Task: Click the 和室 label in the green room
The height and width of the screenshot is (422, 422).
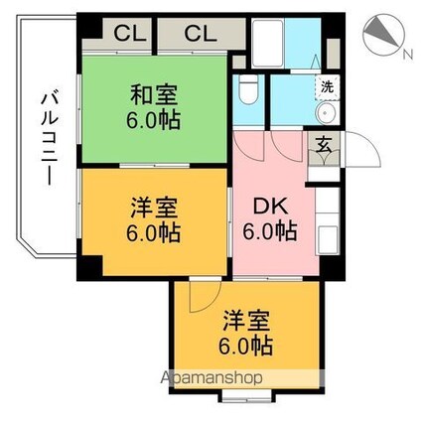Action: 154,94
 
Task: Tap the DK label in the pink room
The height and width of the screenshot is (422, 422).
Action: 270,208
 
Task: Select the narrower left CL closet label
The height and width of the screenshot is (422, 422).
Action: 130,34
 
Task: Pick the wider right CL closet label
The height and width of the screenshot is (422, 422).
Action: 201,34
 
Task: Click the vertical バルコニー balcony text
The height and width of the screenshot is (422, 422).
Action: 50,139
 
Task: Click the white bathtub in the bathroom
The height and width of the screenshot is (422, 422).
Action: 267,43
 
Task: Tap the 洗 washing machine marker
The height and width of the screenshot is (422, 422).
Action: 327,87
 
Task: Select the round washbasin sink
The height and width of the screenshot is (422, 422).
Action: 326,113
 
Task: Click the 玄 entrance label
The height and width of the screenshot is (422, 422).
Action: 324,144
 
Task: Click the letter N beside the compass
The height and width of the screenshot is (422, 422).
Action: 408,54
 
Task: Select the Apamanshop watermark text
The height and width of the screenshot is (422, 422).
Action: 211,378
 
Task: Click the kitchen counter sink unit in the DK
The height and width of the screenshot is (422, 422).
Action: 328,220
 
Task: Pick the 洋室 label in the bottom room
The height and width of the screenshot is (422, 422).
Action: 246,321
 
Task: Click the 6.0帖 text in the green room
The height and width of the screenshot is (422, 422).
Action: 153,120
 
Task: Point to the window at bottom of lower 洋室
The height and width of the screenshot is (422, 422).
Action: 246,396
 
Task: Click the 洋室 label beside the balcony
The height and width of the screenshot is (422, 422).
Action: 154,208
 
